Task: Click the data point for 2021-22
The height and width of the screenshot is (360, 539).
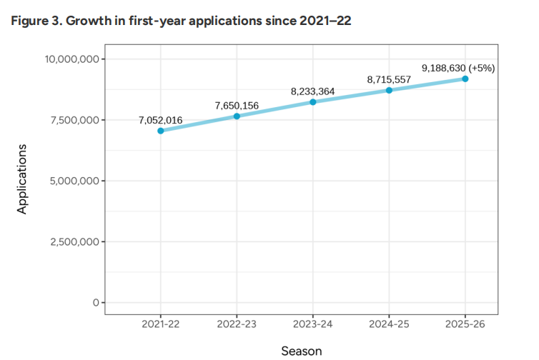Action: [x=161, y=131]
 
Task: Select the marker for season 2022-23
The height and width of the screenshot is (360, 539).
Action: [x=237, y=116]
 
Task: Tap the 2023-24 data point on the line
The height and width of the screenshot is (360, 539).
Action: [x=313, y=102]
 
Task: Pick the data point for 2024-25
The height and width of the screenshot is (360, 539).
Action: [x=389, y=90]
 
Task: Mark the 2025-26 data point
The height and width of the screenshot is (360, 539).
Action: [x=465, y=79]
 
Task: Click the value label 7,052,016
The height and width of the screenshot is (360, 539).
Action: [x=161, y=119]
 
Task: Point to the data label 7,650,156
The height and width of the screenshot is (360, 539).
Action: [x=237, y=106]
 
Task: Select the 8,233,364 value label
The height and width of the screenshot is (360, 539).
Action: [x=313, y=91]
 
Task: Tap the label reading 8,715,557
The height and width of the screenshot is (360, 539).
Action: [x=389, y=79]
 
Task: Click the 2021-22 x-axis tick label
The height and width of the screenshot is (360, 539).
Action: [x=161, y=325]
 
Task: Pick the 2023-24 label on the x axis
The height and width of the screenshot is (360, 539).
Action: [x=313, y=325]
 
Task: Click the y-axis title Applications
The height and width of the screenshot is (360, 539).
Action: [x=22, y=179]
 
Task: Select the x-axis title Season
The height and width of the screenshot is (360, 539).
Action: [x=301, y=351]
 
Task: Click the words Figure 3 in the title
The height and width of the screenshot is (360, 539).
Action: [x=34, y=20]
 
